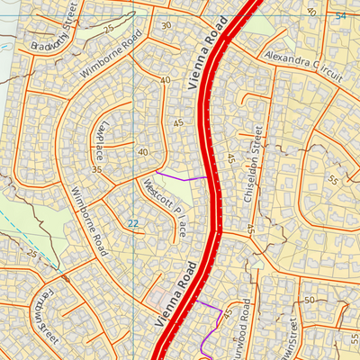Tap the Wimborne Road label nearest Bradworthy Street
112,55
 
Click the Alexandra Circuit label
304,67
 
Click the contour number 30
166,25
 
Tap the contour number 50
309,299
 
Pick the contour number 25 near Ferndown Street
33,253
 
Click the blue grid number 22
133,223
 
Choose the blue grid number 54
339,17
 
